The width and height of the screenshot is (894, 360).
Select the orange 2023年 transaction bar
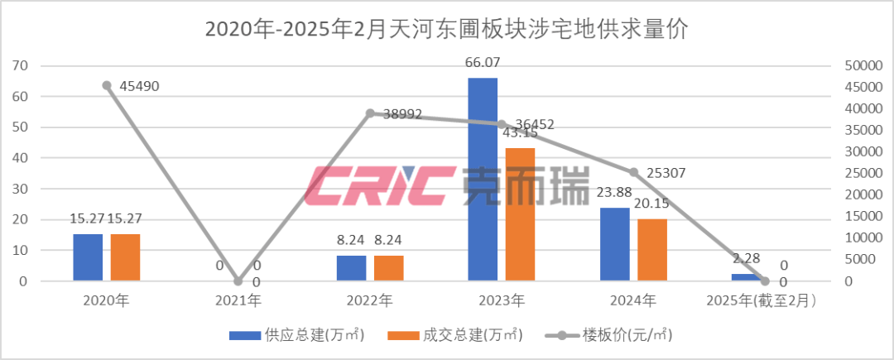[x=520, y=214]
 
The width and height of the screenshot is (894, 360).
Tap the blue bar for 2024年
[x=614, y=244]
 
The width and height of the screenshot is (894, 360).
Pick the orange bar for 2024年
[x=651, y=250]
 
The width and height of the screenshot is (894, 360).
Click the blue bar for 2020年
[x=88, y=257]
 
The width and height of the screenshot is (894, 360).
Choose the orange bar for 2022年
[x=388, y=268]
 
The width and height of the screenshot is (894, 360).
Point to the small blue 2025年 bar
[x=746, y=277]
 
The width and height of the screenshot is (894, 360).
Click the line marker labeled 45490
[x=107, y=85]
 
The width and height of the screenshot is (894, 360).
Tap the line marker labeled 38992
[x=370, y=113]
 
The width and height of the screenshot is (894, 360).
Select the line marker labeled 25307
[x=633, y=172]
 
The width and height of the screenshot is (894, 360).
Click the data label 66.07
[x=483, y=63]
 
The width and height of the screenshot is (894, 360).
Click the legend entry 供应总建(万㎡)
[x=297, y=334]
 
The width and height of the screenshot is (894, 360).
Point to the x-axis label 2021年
[x=238, y=300]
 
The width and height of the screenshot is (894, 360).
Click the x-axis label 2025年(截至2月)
[x=765, y=300]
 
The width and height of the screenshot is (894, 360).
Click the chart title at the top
[x=447, y=30]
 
